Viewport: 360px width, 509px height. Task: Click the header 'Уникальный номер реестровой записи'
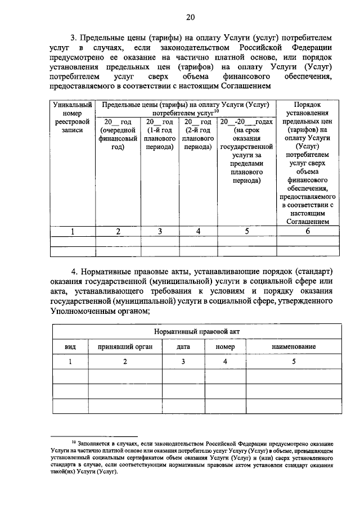tap(72, 117)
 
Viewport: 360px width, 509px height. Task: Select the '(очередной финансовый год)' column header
tap(118, 134)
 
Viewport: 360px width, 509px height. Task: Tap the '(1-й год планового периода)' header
tap(160, 134)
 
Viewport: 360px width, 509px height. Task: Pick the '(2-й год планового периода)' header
tap(197, 134)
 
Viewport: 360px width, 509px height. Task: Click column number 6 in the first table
tap(307, 231)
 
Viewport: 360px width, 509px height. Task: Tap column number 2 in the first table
tap(118, 231)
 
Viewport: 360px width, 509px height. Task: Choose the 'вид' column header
tap(71, 348)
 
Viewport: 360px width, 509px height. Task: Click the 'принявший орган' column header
tap(125, 348)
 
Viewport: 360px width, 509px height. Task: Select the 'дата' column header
tap(183, 348)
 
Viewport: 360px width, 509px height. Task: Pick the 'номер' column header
tap(224, 348)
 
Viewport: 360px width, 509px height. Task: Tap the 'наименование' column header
tap(293, 348)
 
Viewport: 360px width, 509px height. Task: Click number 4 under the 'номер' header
tap(224, 362)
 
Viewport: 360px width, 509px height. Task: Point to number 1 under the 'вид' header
tap(71, 362)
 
